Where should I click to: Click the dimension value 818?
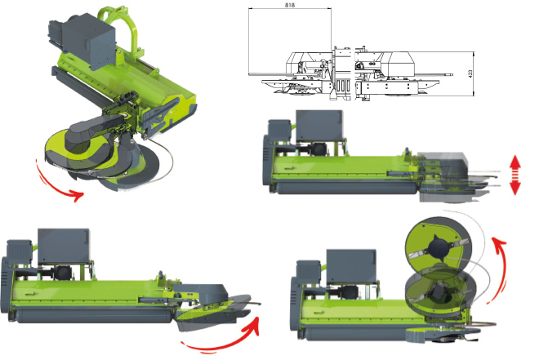pos(289,5)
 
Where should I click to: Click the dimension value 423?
pos(470,73)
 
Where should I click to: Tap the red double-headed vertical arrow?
pos(514,175)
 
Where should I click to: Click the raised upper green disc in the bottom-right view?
pos(437,245)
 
